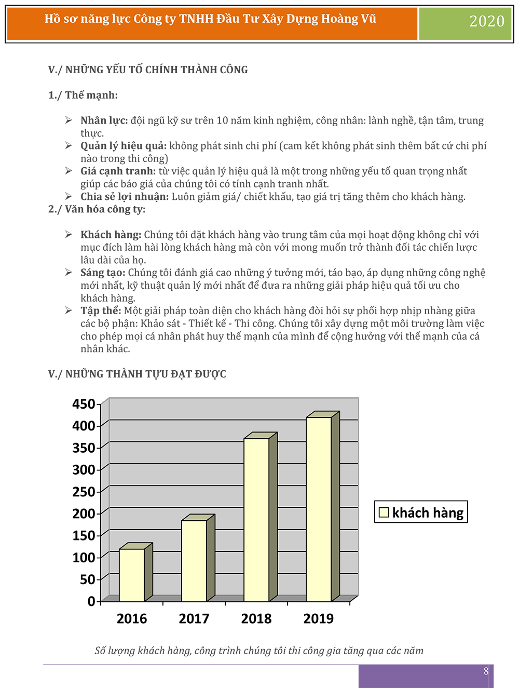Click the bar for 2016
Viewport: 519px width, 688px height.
click(x=132, y=575)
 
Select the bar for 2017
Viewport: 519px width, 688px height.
click(x=194, y=561)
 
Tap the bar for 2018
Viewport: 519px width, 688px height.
click(x=256, y=520)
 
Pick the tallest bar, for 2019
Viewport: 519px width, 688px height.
click(x=319, y=509)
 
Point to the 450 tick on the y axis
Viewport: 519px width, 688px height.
click(x=84, y=404)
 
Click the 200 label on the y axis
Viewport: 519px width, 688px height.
click(x=84, y=514)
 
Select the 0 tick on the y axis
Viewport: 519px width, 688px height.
click(x=91, y=601)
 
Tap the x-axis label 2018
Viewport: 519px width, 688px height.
click(x=256, y=618)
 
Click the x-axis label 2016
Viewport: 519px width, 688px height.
click(x=132, y=618)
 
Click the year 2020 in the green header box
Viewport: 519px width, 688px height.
click(x=487, y=21)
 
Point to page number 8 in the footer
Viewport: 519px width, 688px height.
click(x=486, y=671)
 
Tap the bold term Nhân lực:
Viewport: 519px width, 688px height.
click(x=104, y=120)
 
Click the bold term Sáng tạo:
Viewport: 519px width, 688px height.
click(x=103, y=273)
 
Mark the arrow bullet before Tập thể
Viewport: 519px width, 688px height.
click(x=69, y=311)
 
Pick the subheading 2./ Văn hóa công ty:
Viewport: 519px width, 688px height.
click(x=97, y=209)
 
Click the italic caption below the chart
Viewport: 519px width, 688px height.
click(x=259, y=651)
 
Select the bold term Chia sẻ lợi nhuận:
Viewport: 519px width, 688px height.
click(x=125, y=196)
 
